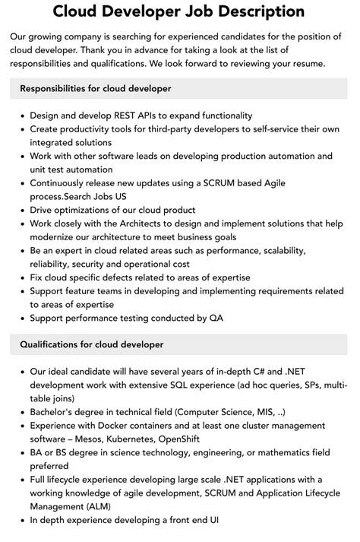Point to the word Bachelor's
coord(55,412)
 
